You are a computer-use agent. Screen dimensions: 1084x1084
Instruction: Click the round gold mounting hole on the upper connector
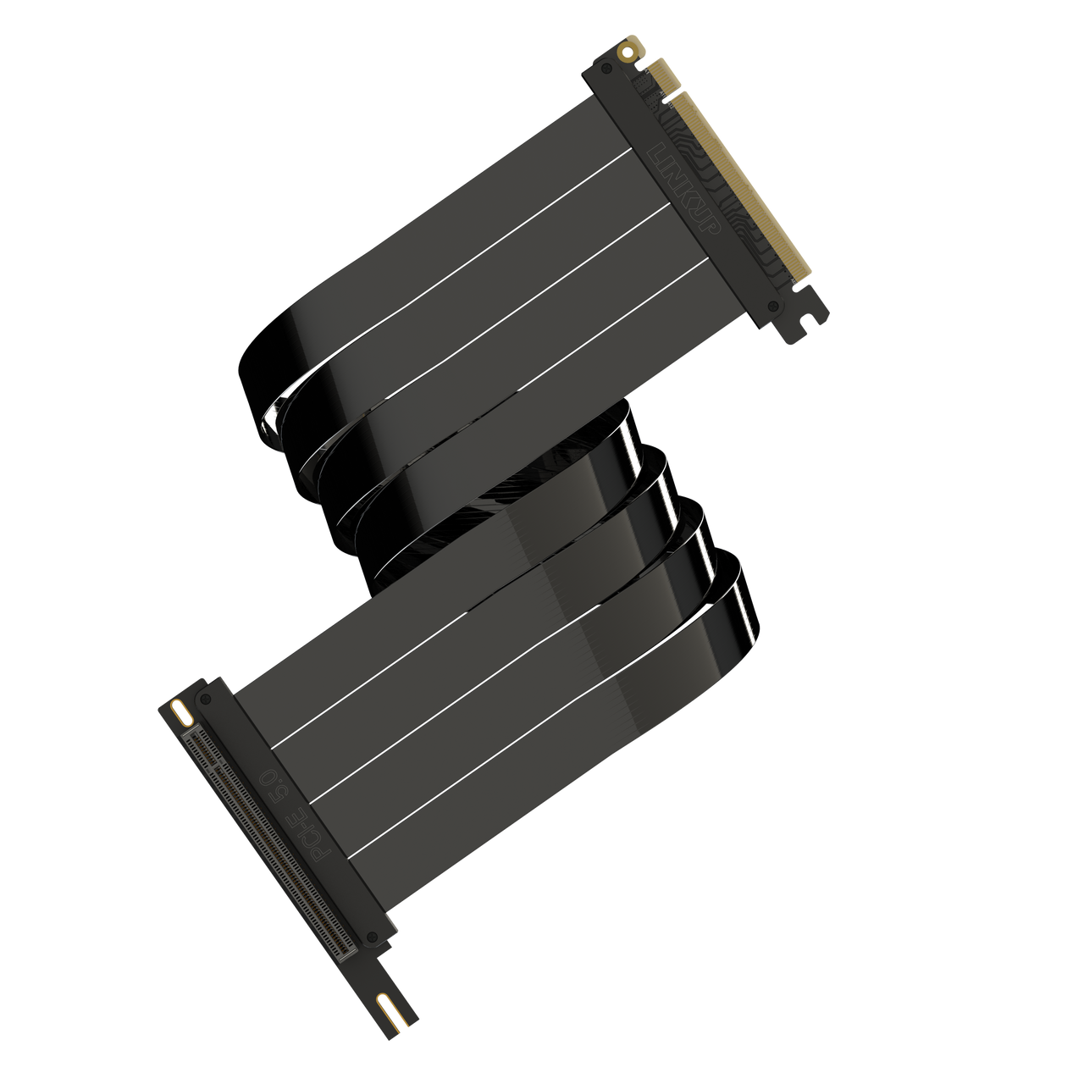[x=627, y=53]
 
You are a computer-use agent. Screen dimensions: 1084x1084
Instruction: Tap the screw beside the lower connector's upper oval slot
[x=204, y=699]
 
